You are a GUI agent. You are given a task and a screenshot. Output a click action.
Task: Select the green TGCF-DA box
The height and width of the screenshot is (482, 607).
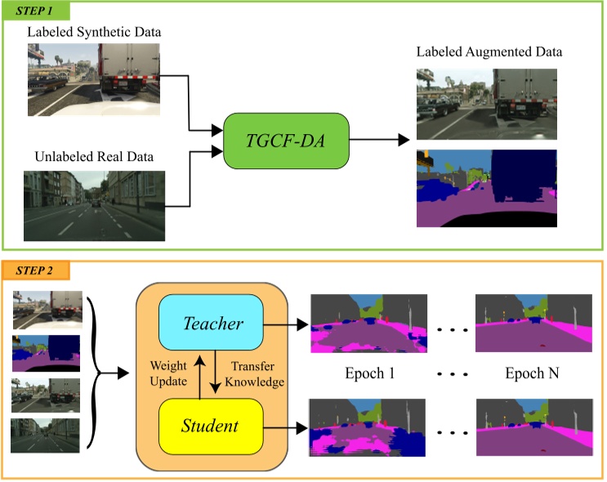coord(286,140)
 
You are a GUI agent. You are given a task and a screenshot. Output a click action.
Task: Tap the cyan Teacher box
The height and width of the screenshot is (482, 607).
coord(213,324)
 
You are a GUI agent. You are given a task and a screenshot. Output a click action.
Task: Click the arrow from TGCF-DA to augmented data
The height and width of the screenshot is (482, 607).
coord(380,140)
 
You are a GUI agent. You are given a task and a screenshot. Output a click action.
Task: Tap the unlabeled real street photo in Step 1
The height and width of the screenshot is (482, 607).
coord(95,205)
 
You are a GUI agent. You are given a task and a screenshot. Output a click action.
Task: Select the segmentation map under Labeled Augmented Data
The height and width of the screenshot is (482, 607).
coord(486,189)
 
